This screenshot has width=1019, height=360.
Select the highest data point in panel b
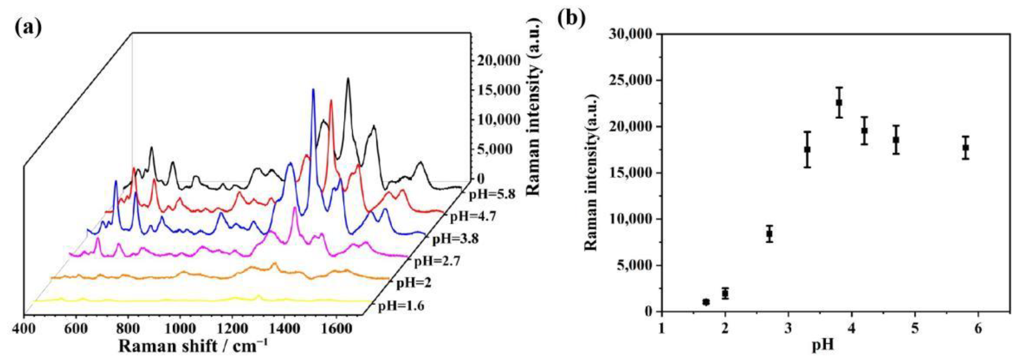[x=839, y=103]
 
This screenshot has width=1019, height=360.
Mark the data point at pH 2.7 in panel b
[x=769, y=234]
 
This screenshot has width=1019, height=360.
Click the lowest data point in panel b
[x=706, y=302]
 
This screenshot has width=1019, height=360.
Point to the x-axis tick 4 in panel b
[x=852, y=329]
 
